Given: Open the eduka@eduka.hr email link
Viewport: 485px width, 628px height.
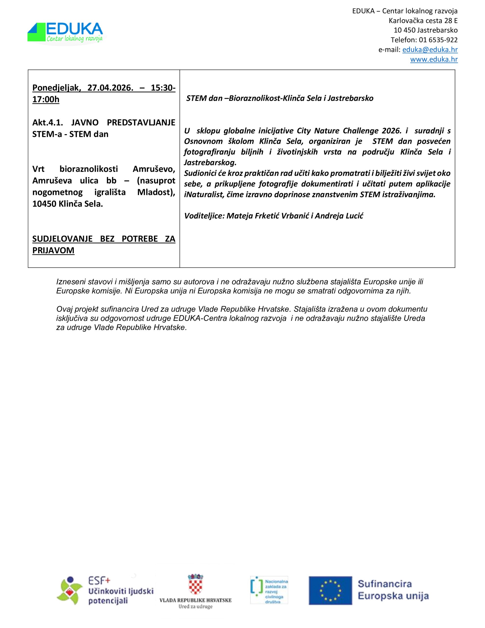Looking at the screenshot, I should coord(430,50).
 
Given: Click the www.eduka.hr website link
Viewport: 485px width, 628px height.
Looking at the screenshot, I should coord(434,59).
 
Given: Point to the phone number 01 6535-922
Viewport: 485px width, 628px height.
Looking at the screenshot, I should coord(438,40).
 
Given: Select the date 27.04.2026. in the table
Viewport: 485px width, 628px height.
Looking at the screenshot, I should coord(110,87).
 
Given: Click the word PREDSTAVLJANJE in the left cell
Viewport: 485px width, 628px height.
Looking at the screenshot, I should coord(141,122).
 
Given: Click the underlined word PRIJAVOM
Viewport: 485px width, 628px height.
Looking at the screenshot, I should coord(53,250).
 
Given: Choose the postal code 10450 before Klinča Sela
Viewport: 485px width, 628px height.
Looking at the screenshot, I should coord(45,204).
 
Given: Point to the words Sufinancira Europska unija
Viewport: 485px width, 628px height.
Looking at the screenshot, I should coord(393,590).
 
